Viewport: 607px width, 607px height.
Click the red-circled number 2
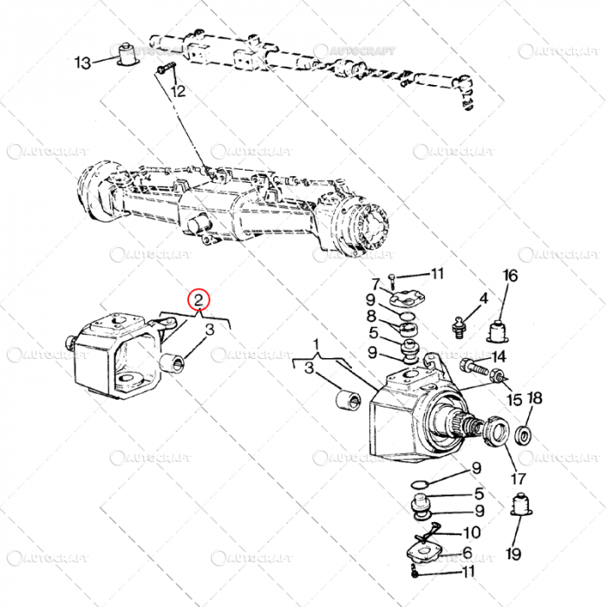click(200, 300)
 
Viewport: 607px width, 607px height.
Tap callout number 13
click(83, 62)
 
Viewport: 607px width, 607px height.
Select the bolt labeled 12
click(166, 69)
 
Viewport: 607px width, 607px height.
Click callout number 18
click(535, 399)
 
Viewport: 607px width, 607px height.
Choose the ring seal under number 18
click(525, 433)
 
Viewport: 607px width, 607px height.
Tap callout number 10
click(472, 533)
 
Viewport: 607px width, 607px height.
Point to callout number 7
click(376, 284)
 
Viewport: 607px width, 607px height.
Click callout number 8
click(371, 316)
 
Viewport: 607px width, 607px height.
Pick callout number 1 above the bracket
click(317, 343)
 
